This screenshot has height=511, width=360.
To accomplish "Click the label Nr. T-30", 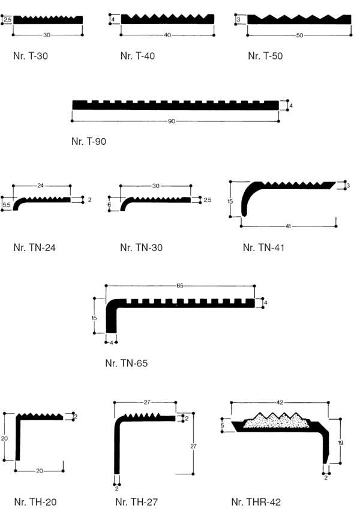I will click(x=30, y=57).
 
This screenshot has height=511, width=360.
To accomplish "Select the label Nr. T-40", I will click(x=137, y=56).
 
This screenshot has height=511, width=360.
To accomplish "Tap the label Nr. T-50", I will click(x=265, y=56).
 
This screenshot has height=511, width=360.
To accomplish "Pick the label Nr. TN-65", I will click(x=126, y=363).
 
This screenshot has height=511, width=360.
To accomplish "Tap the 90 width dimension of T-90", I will click(x=171, y=121).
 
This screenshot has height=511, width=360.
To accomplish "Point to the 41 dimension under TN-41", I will click(x=288, y=226).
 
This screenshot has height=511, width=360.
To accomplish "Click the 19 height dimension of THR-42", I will click(x=341, y=442).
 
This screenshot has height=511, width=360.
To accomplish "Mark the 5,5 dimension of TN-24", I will click(x=6, y=205).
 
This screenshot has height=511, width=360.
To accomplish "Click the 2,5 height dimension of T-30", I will click(x=7, y=20).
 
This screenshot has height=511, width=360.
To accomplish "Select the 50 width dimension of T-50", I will click(x=299, y=35).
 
